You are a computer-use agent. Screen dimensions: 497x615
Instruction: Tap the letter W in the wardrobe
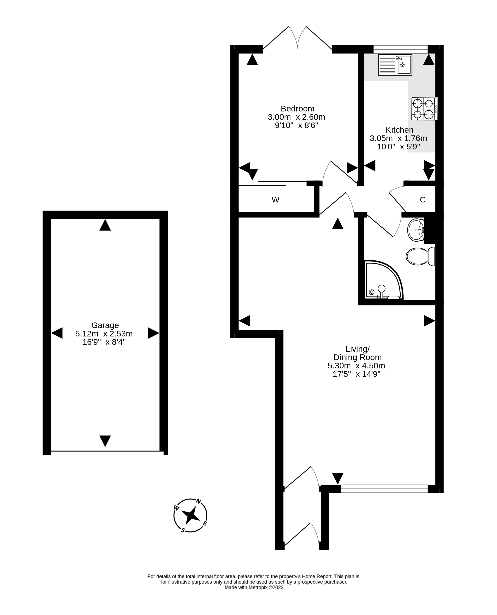[x=275, y=200]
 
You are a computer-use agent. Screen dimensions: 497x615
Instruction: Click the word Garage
[x=105, y=325]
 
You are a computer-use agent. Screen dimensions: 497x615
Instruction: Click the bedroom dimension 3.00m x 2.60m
[x=296, y=117]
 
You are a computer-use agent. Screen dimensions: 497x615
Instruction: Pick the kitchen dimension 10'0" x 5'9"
[x=398, y=147]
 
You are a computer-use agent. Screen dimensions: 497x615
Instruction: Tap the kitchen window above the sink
[x=400, y=49]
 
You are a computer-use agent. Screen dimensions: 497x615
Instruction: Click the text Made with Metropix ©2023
[x=254, y=588]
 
